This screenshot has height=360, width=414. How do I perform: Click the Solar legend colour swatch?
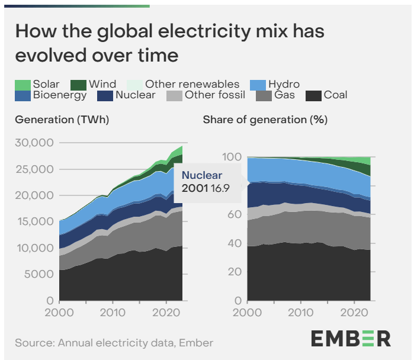tap(23, 85)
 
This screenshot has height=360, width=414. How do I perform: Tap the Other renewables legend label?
tap(192, 85)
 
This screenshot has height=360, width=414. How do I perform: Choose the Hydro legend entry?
tap(283, 85)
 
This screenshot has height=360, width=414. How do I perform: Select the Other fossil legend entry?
tap(216, 95)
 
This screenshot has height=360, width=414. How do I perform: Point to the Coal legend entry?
tap(332, 95)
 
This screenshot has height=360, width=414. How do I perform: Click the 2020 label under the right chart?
tap(355, 312)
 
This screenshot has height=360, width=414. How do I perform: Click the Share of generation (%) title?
tap(265, 120)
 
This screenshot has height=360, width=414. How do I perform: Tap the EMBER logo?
tap(351, 338)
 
